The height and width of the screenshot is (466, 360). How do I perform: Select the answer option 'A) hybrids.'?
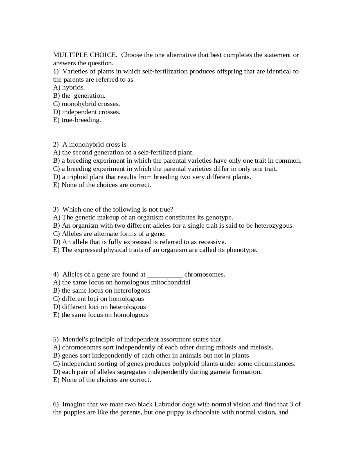(x=69, y=88)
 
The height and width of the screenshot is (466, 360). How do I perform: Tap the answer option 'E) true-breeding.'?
(x=77, y=120)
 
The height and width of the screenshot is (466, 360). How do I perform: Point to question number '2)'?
(x=56, y=144)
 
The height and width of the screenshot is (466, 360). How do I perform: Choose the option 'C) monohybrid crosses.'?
(x=86, y=104)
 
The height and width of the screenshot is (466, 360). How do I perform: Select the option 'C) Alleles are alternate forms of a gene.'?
(x=109, y=234)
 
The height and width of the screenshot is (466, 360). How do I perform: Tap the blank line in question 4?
(x=165, y=275)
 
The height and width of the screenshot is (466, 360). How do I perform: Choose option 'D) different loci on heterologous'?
(x=99, y=307)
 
